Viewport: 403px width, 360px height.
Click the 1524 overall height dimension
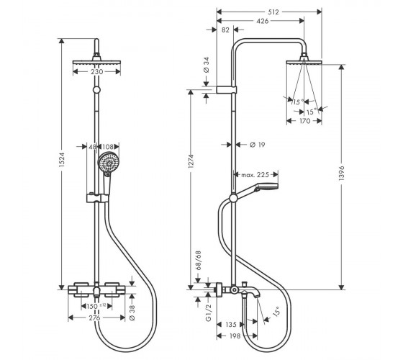(61, 160)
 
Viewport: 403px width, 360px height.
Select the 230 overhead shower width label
(97, 72)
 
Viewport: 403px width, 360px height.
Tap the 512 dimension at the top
(273, 12)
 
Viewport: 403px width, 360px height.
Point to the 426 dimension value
(263, 21)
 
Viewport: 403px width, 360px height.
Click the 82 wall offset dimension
(225, 30)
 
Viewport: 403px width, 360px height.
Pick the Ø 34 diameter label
(207, 65)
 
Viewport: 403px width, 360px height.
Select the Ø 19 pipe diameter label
(258, 145)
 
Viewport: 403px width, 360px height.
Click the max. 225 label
(255, 175)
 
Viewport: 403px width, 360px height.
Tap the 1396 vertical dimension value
(341, 173)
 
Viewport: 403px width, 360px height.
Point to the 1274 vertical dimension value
(191, 161)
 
